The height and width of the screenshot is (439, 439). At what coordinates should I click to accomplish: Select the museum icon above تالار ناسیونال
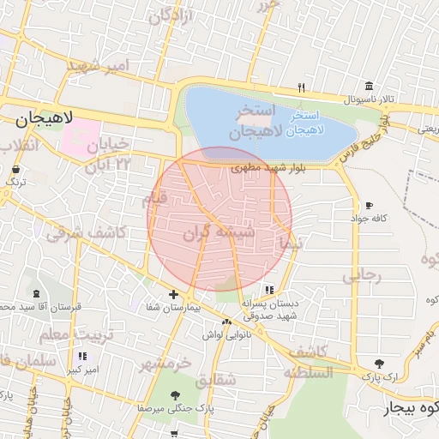(x=369, y=86)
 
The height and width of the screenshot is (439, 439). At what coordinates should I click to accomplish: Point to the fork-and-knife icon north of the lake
(x=300, y=87)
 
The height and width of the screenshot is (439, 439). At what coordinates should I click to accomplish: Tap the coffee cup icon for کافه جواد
(x=369, y=206)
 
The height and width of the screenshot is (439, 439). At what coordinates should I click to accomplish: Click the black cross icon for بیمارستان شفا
(x=173, y=294)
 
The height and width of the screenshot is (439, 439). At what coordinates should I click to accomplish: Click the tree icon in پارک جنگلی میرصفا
(x=176, y=395)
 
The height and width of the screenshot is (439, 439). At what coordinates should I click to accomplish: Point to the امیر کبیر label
(x=82, y=370)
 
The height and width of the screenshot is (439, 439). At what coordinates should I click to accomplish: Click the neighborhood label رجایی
(x=360, y=275)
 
